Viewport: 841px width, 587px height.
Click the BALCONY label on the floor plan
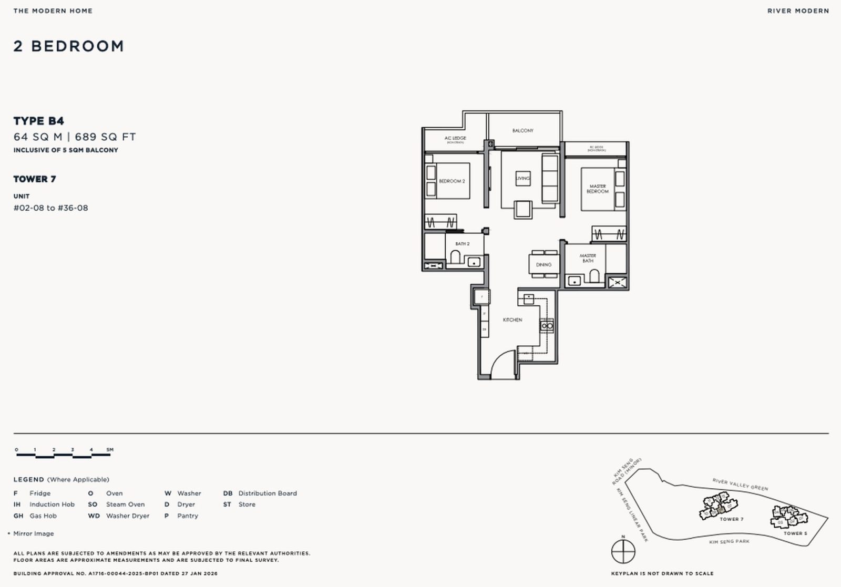click(522, 130)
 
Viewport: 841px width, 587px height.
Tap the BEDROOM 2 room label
click(452, 181)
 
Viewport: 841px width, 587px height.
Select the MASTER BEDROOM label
click(598, 189)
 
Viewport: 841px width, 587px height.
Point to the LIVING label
click(523, 179)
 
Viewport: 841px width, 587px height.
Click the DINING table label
click(543, 264)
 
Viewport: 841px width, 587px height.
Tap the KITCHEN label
click(512, 320)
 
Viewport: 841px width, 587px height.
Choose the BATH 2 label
click(463, 244)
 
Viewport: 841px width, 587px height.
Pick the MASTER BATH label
click(588, 258)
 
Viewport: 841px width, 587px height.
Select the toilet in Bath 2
click(455, 258)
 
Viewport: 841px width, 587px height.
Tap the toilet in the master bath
click(594, 276)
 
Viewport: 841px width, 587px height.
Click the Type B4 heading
click(39, 121)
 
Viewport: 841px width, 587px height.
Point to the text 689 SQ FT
click(105, 137)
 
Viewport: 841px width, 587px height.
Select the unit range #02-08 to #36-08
click(50, 208)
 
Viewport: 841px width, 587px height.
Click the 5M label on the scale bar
click(110, 449)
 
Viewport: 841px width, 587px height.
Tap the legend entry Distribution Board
click(267, 493)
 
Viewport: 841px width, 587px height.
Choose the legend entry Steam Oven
click(125, 504)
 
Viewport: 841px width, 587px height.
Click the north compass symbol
click(623, 551)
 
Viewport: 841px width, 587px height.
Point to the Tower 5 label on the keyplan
click(795, 533)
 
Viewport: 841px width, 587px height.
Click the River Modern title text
click(798, 11)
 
